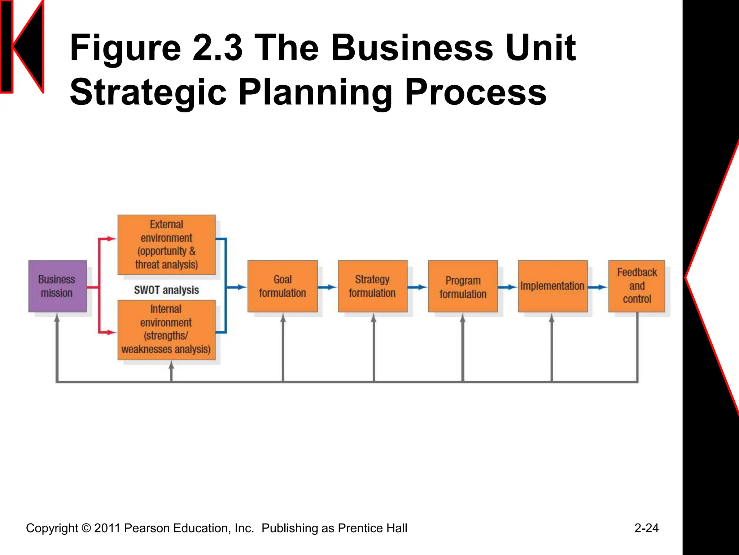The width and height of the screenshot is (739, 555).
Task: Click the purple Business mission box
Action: [x=57, y=286]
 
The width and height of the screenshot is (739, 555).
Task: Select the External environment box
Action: [x=166, y=245]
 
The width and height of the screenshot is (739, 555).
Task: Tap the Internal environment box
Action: [x=166, y=330]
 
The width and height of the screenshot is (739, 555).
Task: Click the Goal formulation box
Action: [x=283, y=286]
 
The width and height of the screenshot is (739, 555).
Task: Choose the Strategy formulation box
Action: [x=372, y=286]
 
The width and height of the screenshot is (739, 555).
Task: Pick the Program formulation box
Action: [x=463, y=286]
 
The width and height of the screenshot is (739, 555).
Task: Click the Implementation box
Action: [x=552, y=286]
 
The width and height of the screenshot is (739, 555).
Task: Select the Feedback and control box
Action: [x=637, y=286]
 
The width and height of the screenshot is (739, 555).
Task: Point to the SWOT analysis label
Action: [x=166, y=290]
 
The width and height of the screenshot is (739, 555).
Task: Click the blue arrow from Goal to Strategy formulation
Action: [x=327, y=287]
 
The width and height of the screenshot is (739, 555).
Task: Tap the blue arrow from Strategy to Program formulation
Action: [x=417, y=287]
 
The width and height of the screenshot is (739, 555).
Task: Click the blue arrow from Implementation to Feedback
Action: [x=598, y=287]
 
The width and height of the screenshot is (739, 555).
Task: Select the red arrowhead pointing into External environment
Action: [x=111, y=239]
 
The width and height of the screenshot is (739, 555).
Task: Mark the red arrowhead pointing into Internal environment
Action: [x=111, y=332]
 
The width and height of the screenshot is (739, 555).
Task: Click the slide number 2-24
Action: [x=646, y=528]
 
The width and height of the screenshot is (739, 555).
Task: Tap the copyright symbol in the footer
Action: [x=86, y=528]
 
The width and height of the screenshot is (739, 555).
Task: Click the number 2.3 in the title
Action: [x=217, y=48]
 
